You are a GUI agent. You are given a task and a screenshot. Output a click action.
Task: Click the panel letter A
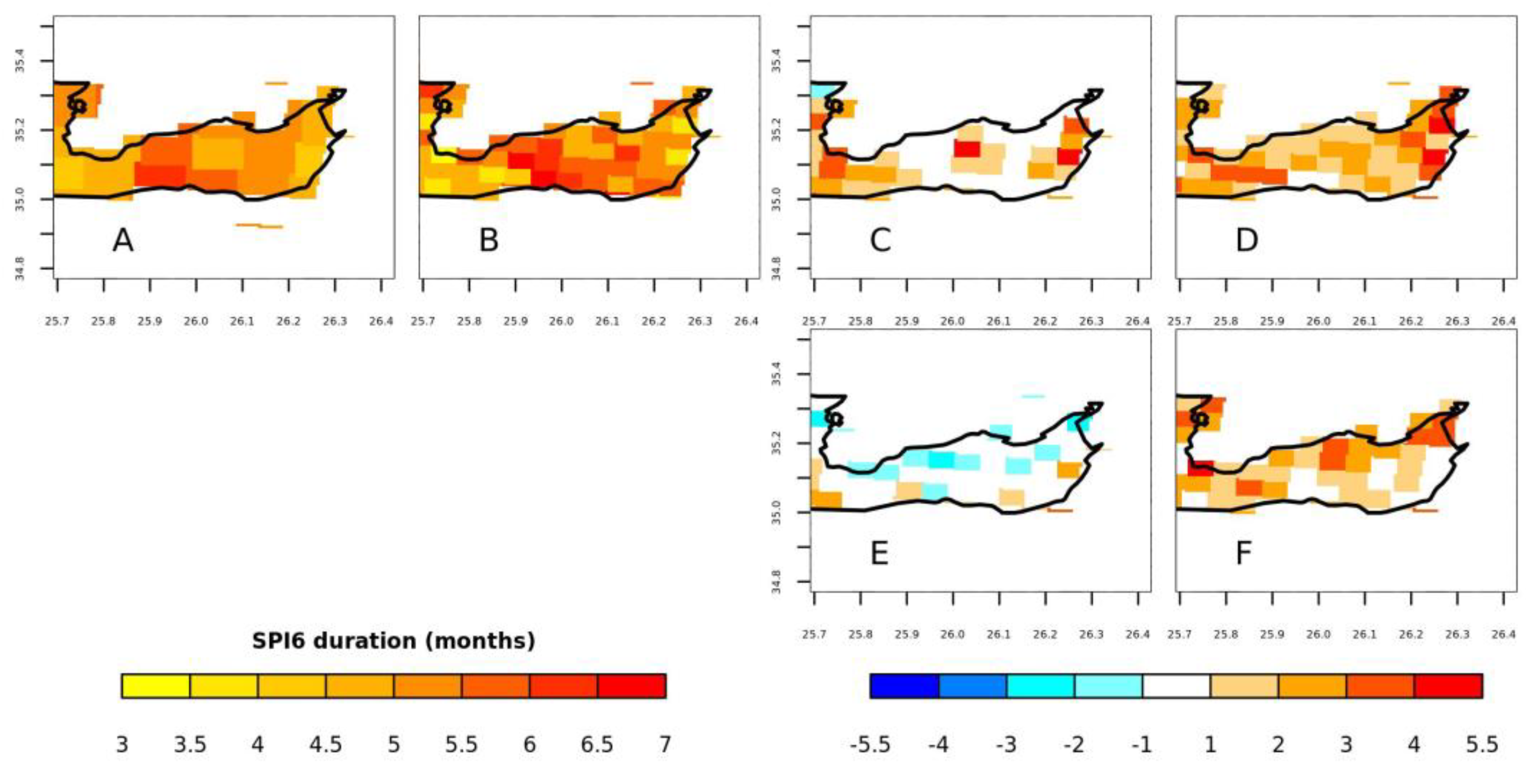point(123,240)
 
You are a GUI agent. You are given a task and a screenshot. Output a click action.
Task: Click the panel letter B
point(489,240)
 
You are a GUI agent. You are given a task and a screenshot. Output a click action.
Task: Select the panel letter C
point(880,240)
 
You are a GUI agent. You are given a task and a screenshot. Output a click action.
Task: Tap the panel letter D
point(1246,240)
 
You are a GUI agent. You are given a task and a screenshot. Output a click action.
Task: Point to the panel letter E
point(879,554)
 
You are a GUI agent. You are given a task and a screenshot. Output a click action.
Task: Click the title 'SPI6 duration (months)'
point(393,641)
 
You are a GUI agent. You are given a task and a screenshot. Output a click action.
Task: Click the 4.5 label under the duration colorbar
point(325,744)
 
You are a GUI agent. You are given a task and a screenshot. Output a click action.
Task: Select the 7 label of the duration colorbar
point(665,744)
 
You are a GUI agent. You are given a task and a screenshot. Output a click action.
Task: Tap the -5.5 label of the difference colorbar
point(870,744)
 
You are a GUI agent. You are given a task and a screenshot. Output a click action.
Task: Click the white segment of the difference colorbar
point(1176,686)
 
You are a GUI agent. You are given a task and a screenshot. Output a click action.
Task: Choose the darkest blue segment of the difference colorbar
point(904,686)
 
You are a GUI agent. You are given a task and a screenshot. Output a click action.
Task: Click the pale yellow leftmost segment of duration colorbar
point(156,686)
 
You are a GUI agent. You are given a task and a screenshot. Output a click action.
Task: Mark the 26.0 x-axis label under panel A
point(196,322)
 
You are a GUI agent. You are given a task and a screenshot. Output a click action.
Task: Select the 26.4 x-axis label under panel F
point(1504,634)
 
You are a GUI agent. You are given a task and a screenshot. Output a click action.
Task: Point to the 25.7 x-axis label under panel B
point(422,322)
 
